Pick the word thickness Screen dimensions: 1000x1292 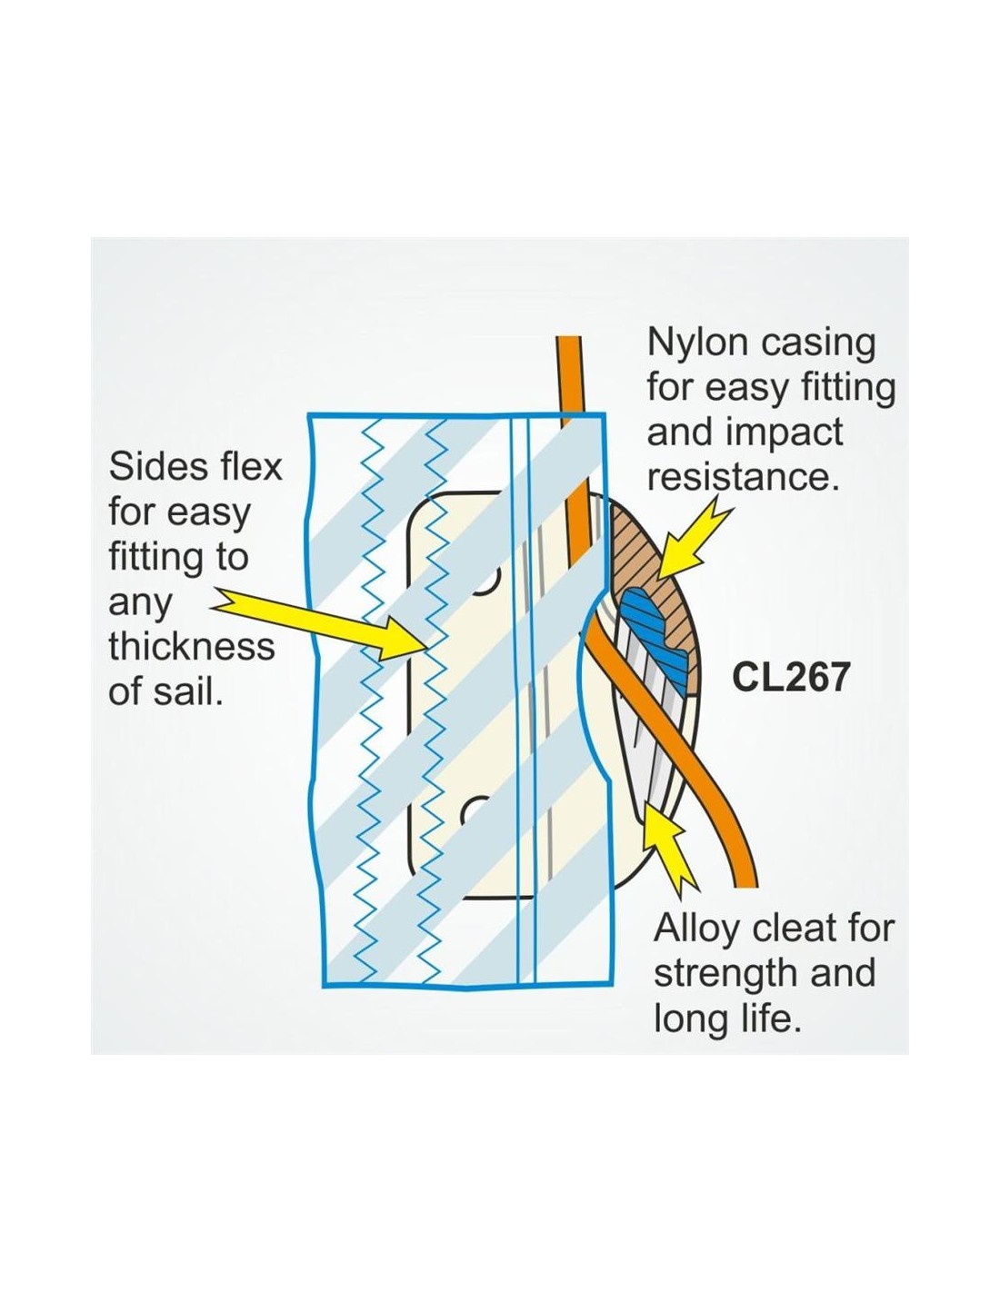tap(192, 646)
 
